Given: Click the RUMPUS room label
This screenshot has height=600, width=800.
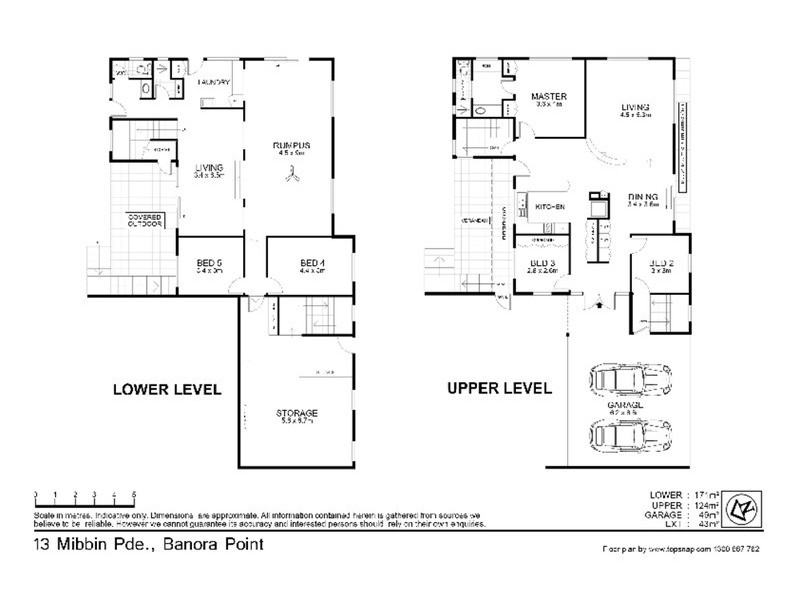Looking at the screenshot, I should pos(293,147).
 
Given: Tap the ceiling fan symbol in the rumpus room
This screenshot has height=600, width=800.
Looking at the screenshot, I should pos(291,174).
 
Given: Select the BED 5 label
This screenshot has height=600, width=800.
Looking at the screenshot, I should pos(208,263).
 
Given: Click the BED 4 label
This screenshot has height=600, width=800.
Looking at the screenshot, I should pos(312,263).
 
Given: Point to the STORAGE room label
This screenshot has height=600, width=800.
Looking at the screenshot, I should pos(297,412).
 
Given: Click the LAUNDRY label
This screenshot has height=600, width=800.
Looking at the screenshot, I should pos(214,82).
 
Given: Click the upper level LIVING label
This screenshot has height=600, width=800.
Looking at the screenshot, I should pos(634,107).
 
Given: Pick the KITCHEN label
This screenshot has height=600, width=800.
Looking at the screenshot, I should pos(551,206).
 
